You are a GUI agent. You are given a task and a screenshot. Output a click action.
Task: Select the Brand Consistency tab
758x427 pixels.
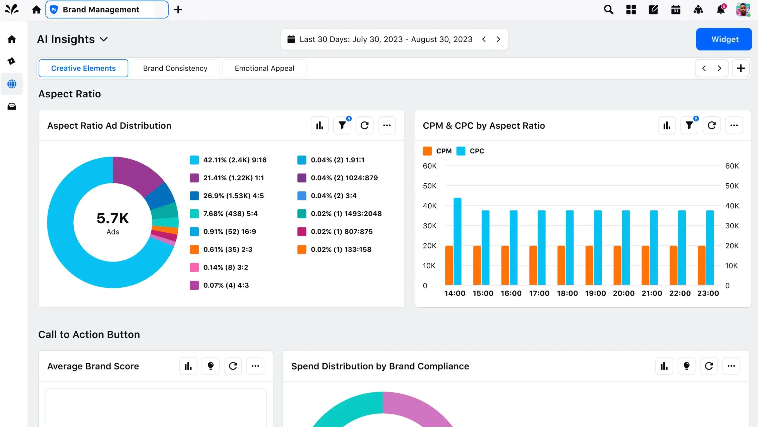(x=175, y=68)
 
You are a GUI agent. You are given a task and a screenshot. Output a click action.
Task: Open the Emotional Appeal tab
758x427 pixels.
(x=264, y=68)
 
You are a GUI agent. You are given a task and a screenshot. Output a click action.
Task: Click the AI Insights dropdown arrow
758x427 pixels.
(x=104, y=39)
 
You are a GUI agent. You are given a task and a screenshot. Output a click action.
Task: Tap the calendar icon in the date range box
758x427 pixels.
(x=291, y=39)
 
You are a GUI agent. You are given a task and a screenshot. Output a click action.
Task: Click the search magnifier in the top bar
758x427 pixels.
(x=608, y=10)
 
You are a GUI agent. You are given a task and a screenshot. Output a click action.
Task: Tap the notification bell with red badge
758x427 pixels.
(x=720, y=10)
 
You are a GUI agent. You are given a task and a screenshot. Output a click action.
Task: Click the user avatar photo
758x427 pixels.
(x=742, y=10)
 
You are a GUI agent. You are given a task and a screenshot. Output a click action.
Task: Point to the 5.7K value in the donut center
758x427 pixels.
(x=113, y=218)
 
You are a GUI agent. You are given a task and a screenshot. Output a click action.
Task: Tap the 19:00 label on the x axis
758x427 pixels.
(x=595, y=293)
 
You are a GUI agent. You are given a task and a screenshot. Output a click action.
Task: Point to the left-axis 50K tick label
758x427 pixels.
(x=429, y=186)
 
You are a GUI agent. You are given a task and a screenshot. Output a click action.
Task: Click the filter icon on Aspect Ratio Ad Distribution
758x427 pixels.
(x=342, y=126)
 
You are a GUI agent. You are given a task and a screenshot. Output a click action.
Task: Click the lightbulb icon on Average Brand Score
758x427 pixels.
(x=210, y=366)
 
